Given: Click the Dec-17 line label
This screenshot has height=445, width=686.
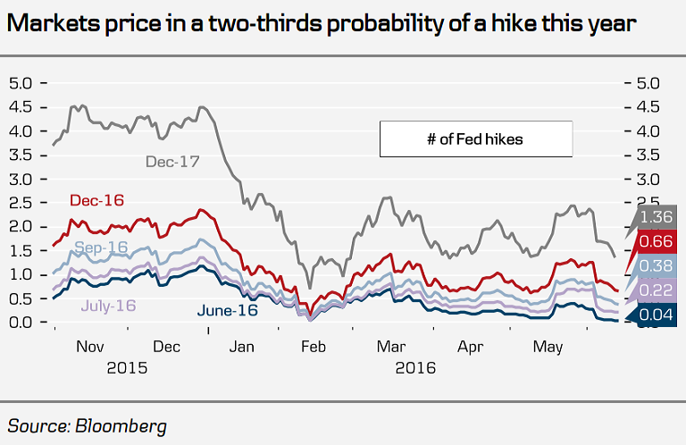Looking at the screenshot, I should point(172,162).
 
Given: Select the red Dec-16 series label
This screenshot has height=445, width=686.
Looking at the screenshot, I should point(96,201).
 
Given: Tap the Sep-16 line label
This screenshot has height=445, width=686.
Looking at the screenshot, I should point(101,247).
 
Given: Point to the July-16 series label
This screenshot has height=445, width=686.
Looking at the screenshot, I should point(108,306).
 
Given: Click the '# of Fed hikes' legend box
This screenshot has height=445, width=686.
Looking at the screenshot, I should point(474,139).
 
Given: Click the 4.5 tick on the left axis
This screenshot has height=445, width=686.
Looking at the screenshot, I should point(21,107).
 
